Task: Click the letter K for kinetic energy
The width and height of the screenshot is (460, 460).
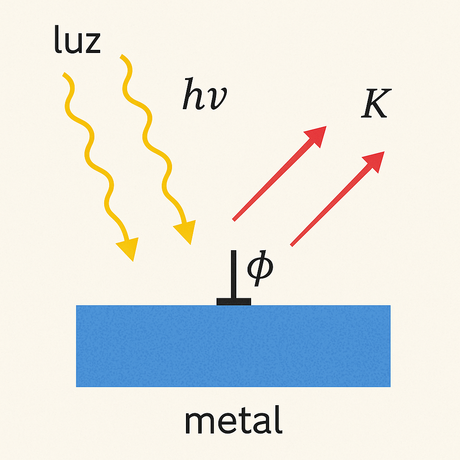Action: click(375, 104)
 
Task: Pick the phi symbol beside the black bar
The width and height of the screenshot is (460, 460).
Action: click(260, 270)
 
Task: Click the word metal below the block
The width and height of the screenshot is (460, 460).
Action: click(234, 420)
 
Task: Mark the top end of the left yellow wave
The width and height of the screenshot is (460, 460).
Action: click(65, 74)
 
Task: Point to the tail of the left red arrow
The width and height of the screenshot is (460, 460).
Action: click(234, 219)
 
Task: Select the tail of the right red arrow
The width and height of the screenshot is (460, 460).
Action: click(292, 245)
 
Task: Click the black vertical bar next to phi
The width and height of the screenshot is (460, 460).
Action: click(234, 274)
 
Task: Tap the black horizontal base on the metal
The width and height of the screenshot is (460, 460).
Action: click(234, 301)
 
